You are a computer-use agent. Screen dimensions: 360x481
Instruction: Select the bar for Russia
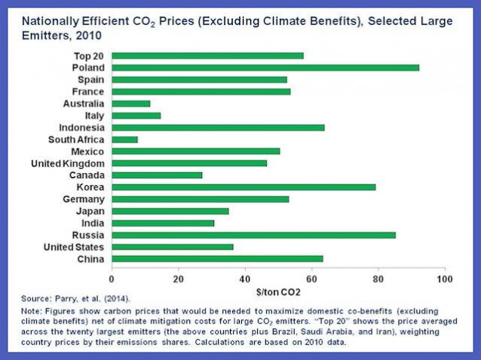(x=254, y=235)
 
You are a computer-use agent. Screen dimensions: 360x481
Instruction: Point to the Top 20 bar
(x=208, y=56)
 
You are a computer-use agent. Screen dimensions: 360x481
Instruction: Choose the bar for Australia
(x=131, y=103)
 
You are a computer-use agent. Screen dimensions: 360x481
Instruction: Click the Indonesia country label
(x=82, y=127)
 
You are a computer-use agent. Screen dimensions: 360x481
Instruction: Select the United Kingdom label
(x=69, y=163)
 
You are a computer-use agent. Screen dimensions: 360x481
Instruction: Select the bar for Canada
(x=157, y=175)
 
